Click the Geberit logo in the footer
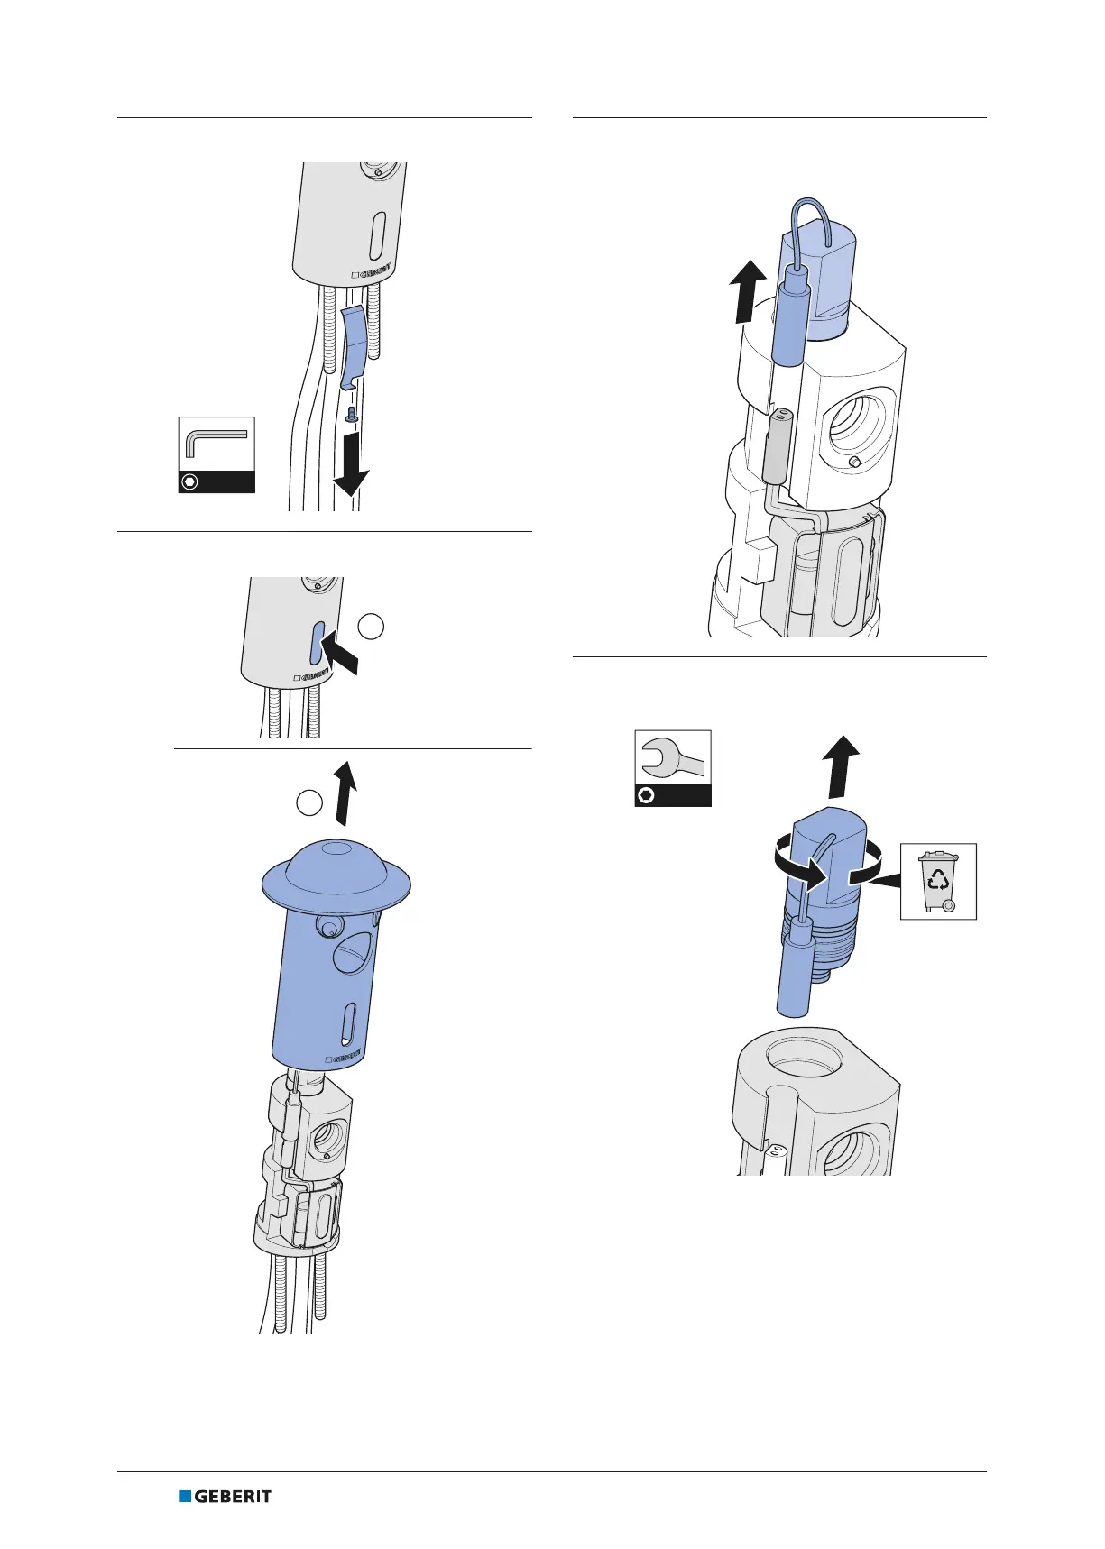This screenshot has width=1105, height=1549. click(225, 1496)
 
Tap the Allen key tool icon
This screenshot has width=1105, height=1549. click(216, 454)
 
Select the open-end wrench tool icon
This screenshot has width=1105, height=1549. click(673, 767)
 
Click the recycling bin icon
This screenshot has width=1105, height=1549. click(938, 881)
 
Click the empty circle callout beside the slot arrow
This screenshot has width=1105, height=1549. click(371, 626)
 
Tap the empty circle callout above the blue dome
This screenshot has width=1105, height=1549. click(309, 802)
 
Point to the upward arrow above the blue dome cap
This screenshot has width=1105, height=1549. click(344, 793)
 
